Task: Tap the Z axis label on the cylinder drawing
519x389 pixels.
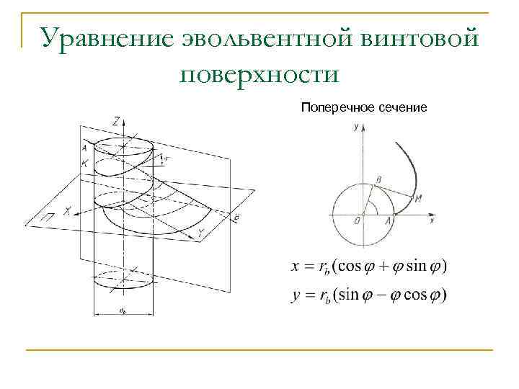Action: pyautogui.click(x=116, y=120)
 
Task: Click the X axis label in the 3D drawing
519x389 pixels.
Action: pyautogui.click(x=67, y=211)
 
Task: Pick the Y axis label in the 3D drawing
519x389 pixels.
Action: pyautogui.click(x=201, y=233)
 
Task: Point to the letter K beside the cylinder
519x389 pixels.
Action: pyautogui.click(x=85, y=164)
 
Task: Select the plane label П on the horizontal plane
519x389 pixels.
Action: pyautogui.click(x=45, y=216)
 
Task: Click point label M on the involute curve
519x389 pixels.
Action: pyautogui.click(x=418, y=198)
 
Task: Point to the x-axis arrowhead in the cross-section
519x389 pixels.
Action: pyautogui.click(x=435, y=214)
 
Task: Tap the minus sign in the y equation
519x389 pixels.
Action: pyautogui.click(x=379, y=295)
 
